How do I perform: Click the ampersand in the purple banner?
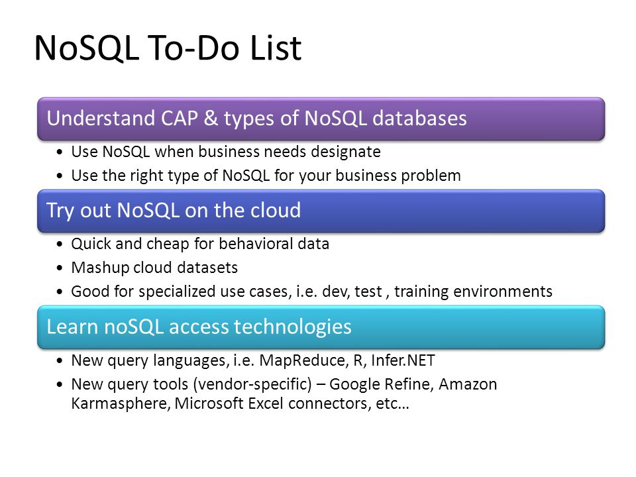(211, 119)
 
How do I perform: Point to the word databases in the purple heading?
(419, 119)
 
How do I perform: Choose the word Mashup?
(100, 268)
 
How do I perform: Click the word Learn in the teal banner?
(72, 327)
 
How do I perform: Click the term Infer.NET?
(403, 360)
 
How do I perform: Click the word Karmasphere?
(120, 403)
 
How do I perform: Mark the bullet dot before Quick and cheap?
(60, 244)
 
